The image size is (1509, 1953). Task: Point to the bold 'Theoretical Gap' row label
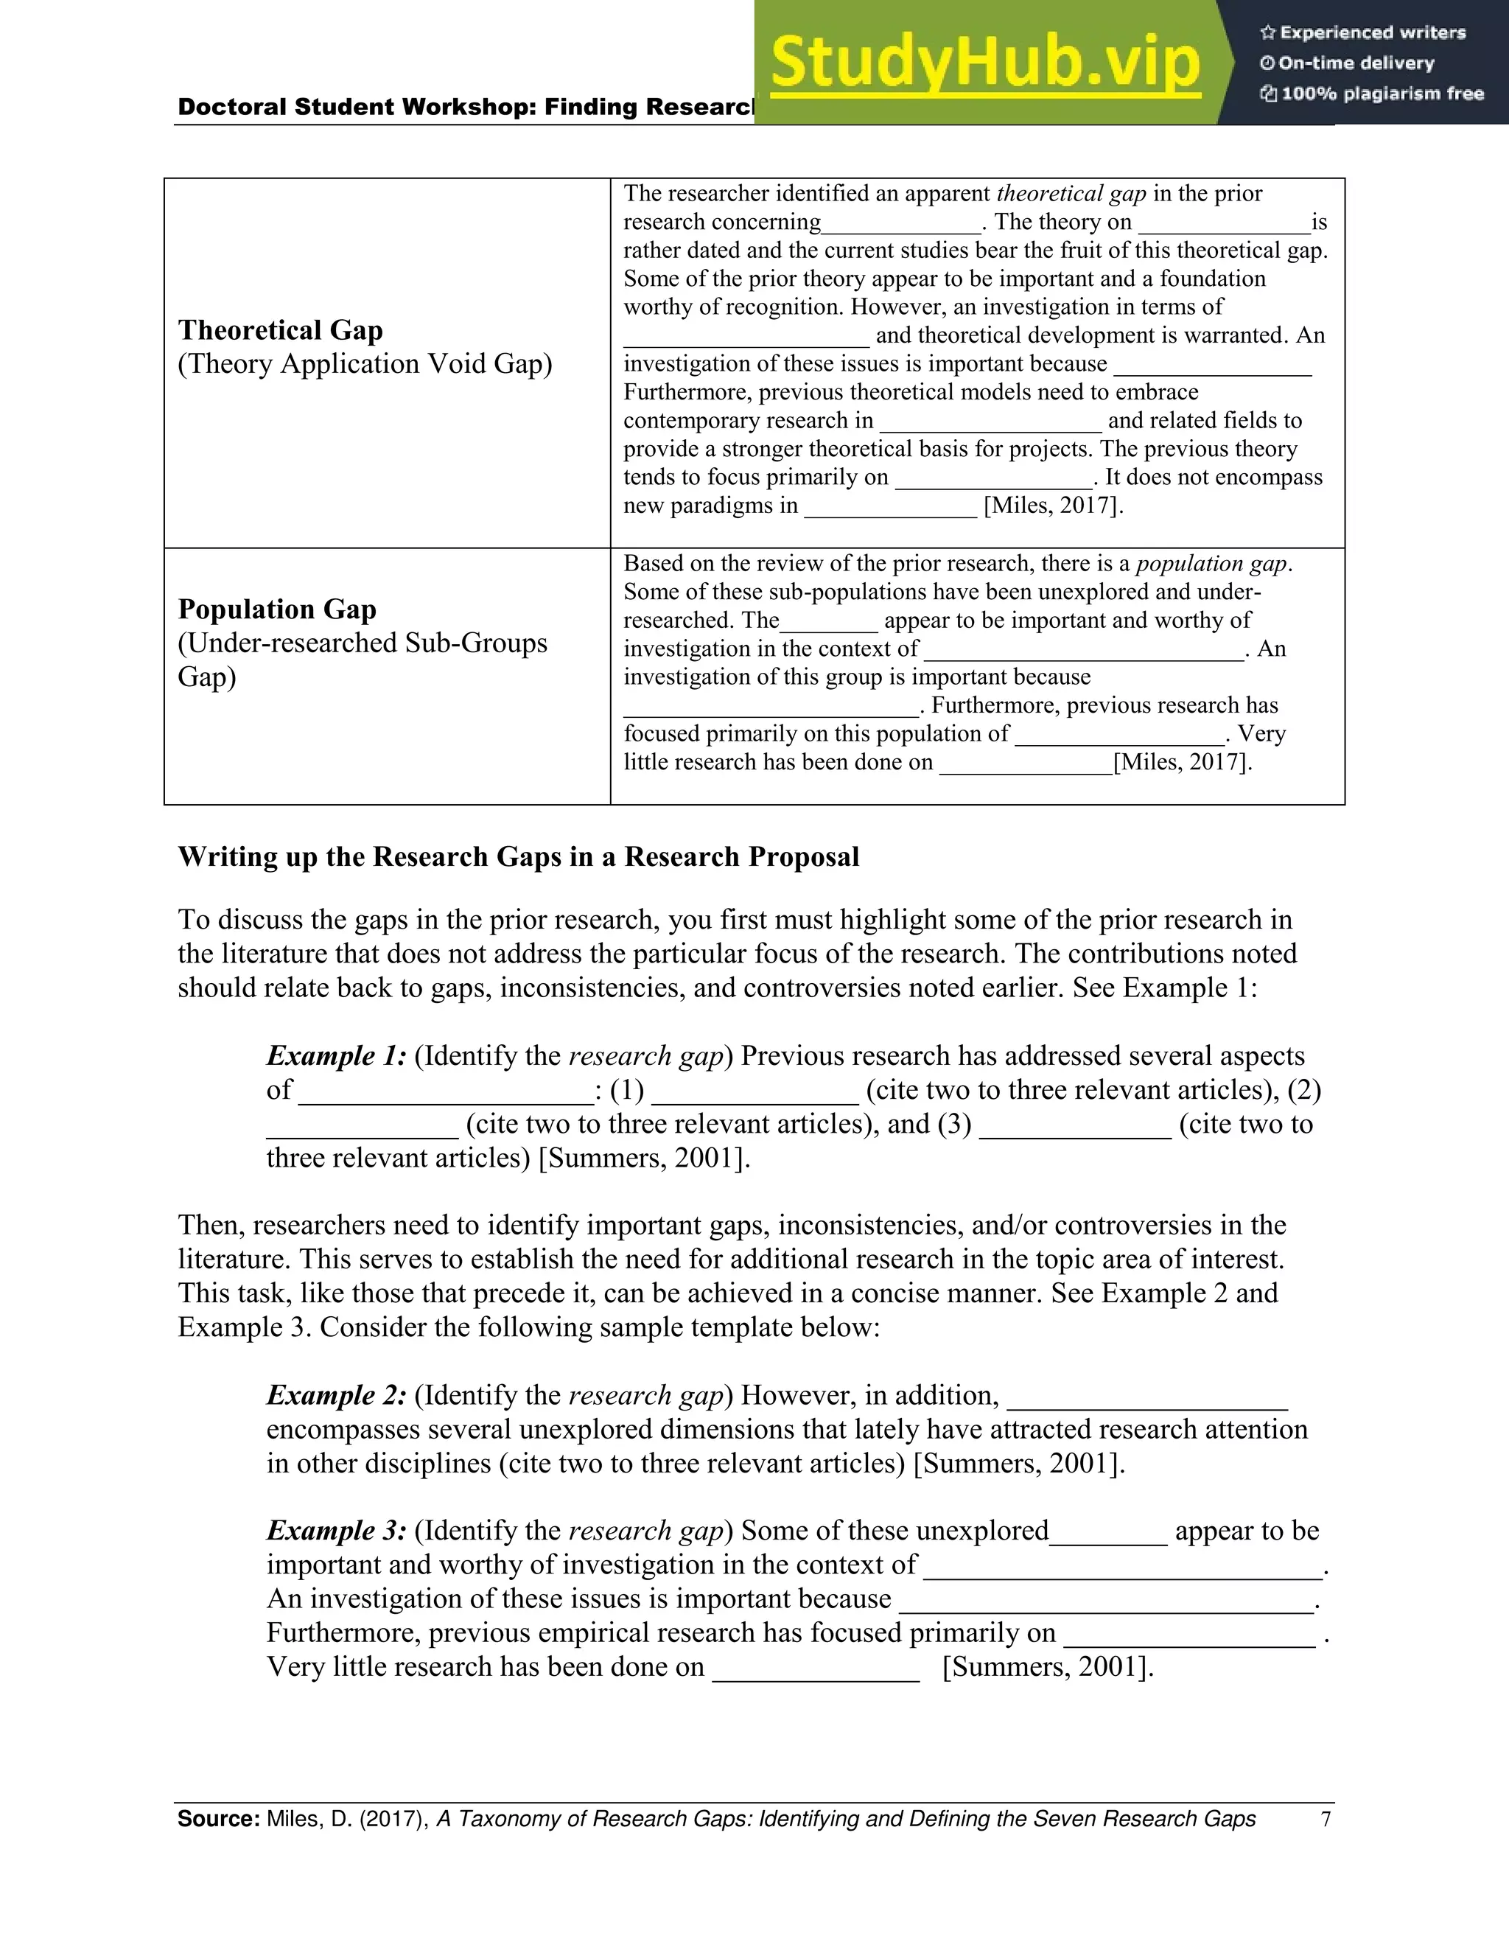click(x=280, y=330)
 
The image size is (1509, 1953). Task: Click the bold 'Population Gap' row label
click(x=276, y=609)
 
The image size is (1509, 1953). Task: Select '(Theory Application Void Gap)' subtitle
click(x=365, y=364)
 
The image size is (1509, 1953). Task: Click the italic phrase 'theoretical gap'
click(x=1070, y=194)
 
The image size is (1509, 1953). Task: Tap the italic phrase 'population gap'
click(x=1211, y=563)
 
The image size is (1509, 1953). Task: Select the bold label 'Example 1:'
click(x=336, y=1056)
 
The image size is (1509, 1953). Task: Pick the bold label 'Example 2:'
click(x=336, y=1395)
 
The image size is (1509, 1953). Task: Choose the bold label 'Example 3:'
click(x=336, y=1531)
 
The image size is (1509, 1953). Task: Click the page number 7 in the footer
click(x=1326, y=1819)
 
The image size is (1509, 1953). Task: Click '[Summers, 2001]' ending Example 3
click(x=1048, y=1667)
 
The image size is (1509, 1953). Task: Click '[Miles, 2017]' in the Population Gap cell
click(x=1182, y=763)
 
